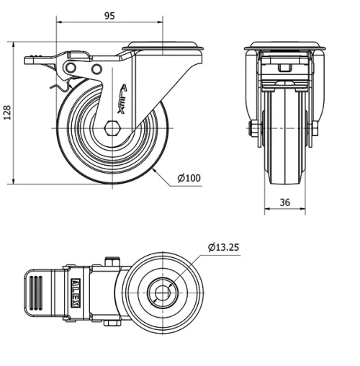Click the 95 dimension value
click(109, 14)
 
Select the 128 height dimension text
click(7, 112)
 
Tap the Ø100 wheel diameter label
click(188, 178)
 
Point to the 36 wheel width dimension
click(284, 202)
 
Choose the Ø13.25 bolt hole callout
click(223, 247)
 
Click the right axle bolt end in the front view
click(314, 130)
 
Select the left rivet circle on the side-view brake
click(71, 67)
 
